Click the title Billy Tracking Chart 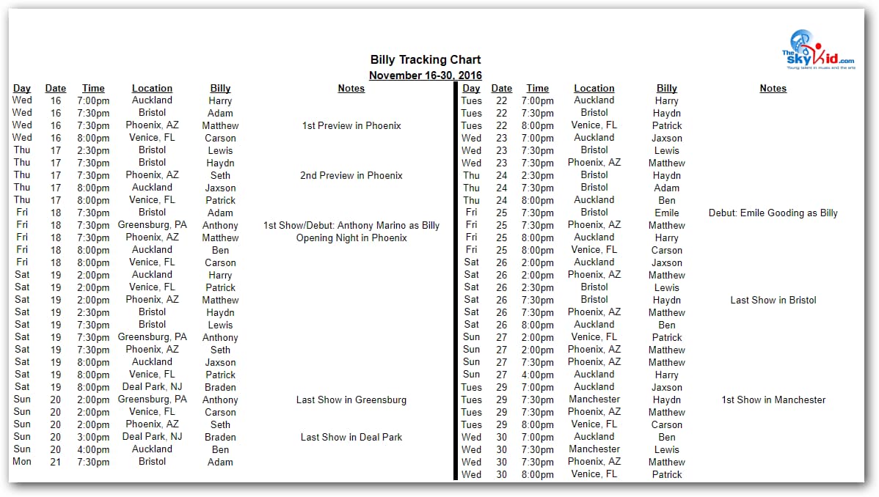[426, 60]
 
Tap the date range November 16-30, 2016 [426, 76]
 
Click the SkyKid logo [818, 50]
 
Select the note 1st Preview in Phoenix [351, 126]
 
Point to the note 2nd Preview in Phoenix [351, 176]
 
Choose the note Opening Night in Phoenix [351, 238]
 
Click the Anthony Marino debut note [351, 226]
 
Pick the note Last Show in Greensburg [351, 400]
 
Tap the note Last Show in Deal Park [351, 438]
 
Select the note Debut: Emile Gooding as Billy [773, 213]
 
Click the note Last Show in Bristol [773, 301]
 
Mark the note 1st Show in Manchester [773, 400]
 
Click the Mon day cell [22, 462]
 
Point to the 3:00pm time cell [93, 438]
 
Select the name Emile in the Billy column [667, 213]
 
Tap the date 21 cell [56, 462]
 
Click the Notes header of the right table [773, 89]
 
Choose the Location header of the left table [152, 89]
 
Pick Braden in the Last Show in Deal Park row [220, 438]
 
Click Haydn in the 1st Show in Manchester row [667, 400]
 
